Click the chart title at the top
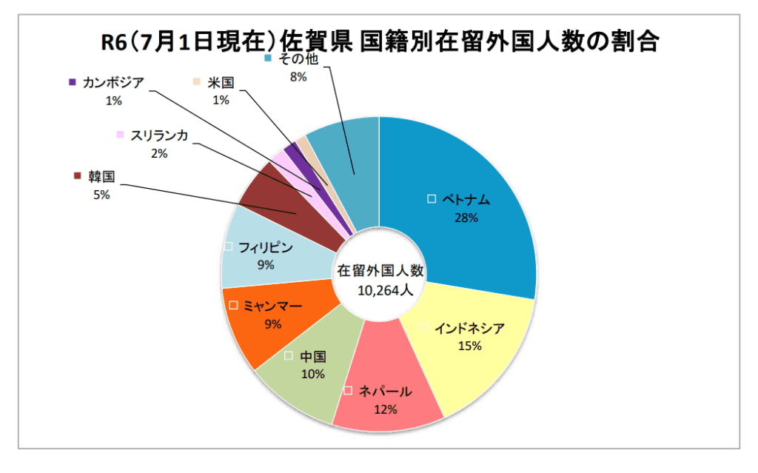click(x=379, y=41)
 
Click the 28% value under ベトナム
click(x=468, y=218)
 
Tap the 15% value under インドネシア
click(x=469, y=346)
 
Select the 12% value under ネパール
click(x=386, y=409)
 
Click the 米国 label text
click(x=221, y=82)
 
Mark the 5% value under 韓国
click(x=101, y=195)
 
